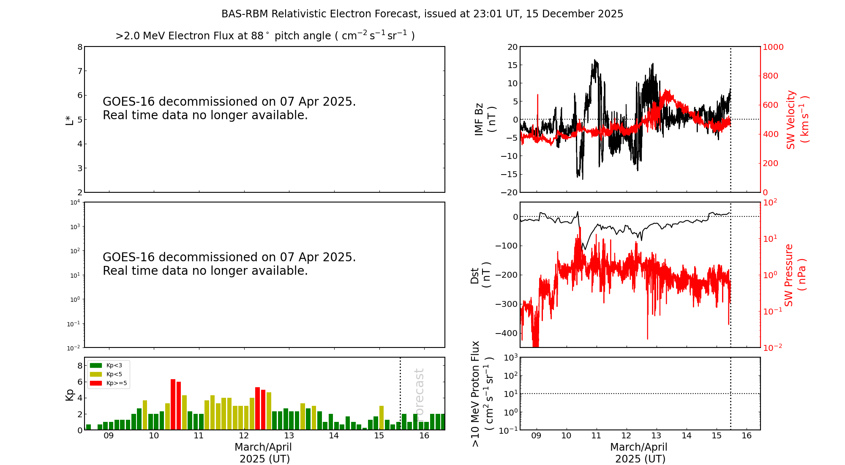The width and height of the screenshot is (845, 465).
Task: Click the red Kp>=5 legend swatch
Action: (x=96, y=383)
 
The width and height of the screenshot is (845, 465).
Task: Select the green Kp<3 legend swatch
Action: (x=96, y=365)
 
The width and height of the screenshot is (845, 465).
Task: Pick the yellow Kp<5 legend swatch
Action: (x=96, y=374)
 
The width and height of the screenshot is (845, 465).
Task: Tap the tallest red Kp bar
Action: (x=173, y=404)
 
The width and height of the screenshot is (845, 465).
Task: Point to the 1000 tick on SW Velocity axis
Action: (x=773, y=47)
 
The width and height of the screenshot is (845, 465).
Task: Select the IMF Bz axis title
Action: (x=485, y=119)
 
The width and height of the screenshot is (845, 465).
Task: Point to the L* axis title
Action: (x=70, y=120)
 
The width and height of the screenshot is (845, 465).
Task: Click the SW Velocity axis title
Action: (x=797, y=119)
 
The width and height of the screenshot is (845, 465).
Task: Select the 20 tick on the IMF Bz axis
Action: (x=512, y=47)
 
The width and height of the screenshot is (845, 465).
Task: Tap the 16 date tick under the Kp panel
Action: (x=424, y=436)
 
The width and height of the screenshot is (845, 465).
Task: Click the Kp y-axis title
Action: (x=69, y=394)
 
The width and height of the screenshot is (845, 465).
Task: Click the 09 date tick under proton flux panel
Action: (x=537, y=436)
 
